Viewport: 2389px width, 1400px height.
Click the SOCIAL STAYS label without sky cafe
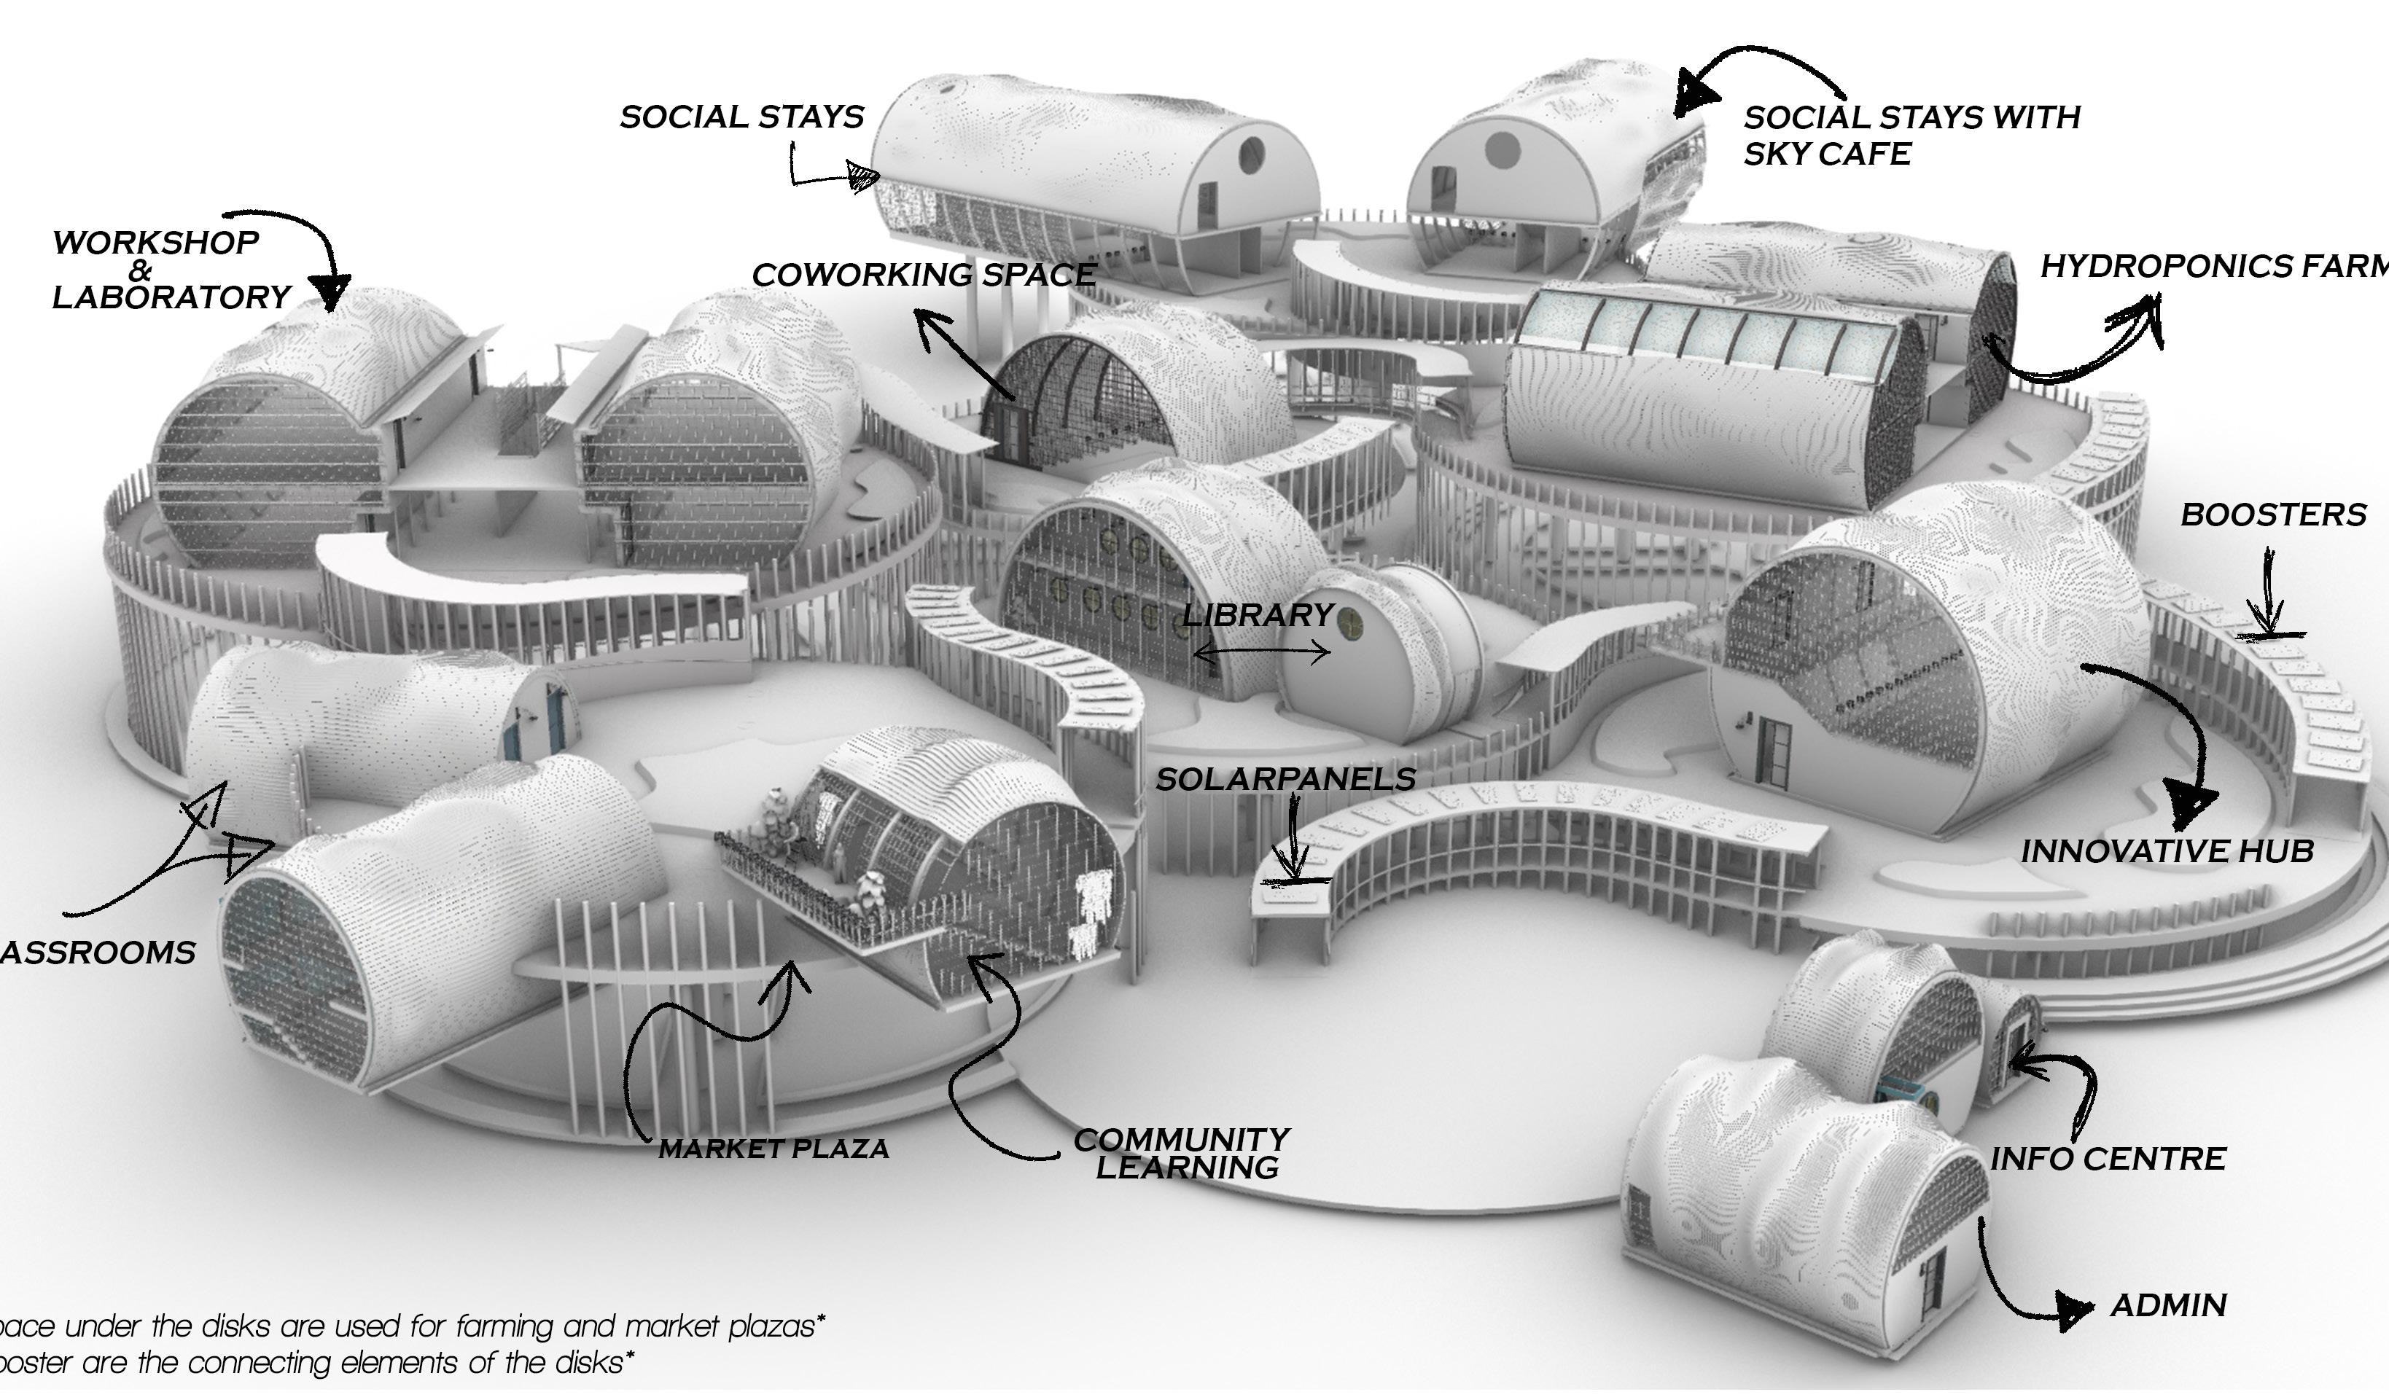(741, 117)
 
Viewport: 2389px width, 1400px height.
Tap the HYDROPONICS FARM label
(2213, 267)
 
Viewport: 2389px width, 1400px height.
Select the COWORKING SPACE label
(924, 275)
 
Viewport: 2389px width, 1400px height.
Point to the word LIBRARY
(1258, 615)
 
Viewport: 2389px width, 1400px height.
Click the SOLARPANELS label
(1285, 779)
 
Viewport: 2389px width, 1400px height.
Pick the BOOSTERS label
(2272, 515)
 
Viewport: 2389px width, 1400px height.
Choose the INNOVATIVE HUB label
(2166, 851)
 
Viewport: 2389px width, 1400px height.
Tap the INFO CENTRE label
(2106, 1158)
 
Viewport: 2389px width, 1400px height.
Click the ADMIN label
(2168, 1305)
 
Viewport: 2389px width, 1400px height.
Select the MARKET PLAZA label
(773, 1149)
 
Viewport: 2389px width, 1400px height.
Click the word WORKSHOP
(155, 243)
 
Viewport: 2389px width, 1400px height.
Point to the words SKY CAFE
(1826, 154)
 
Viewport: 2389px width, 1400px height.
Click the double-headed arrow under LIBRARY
(1262, 652)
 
